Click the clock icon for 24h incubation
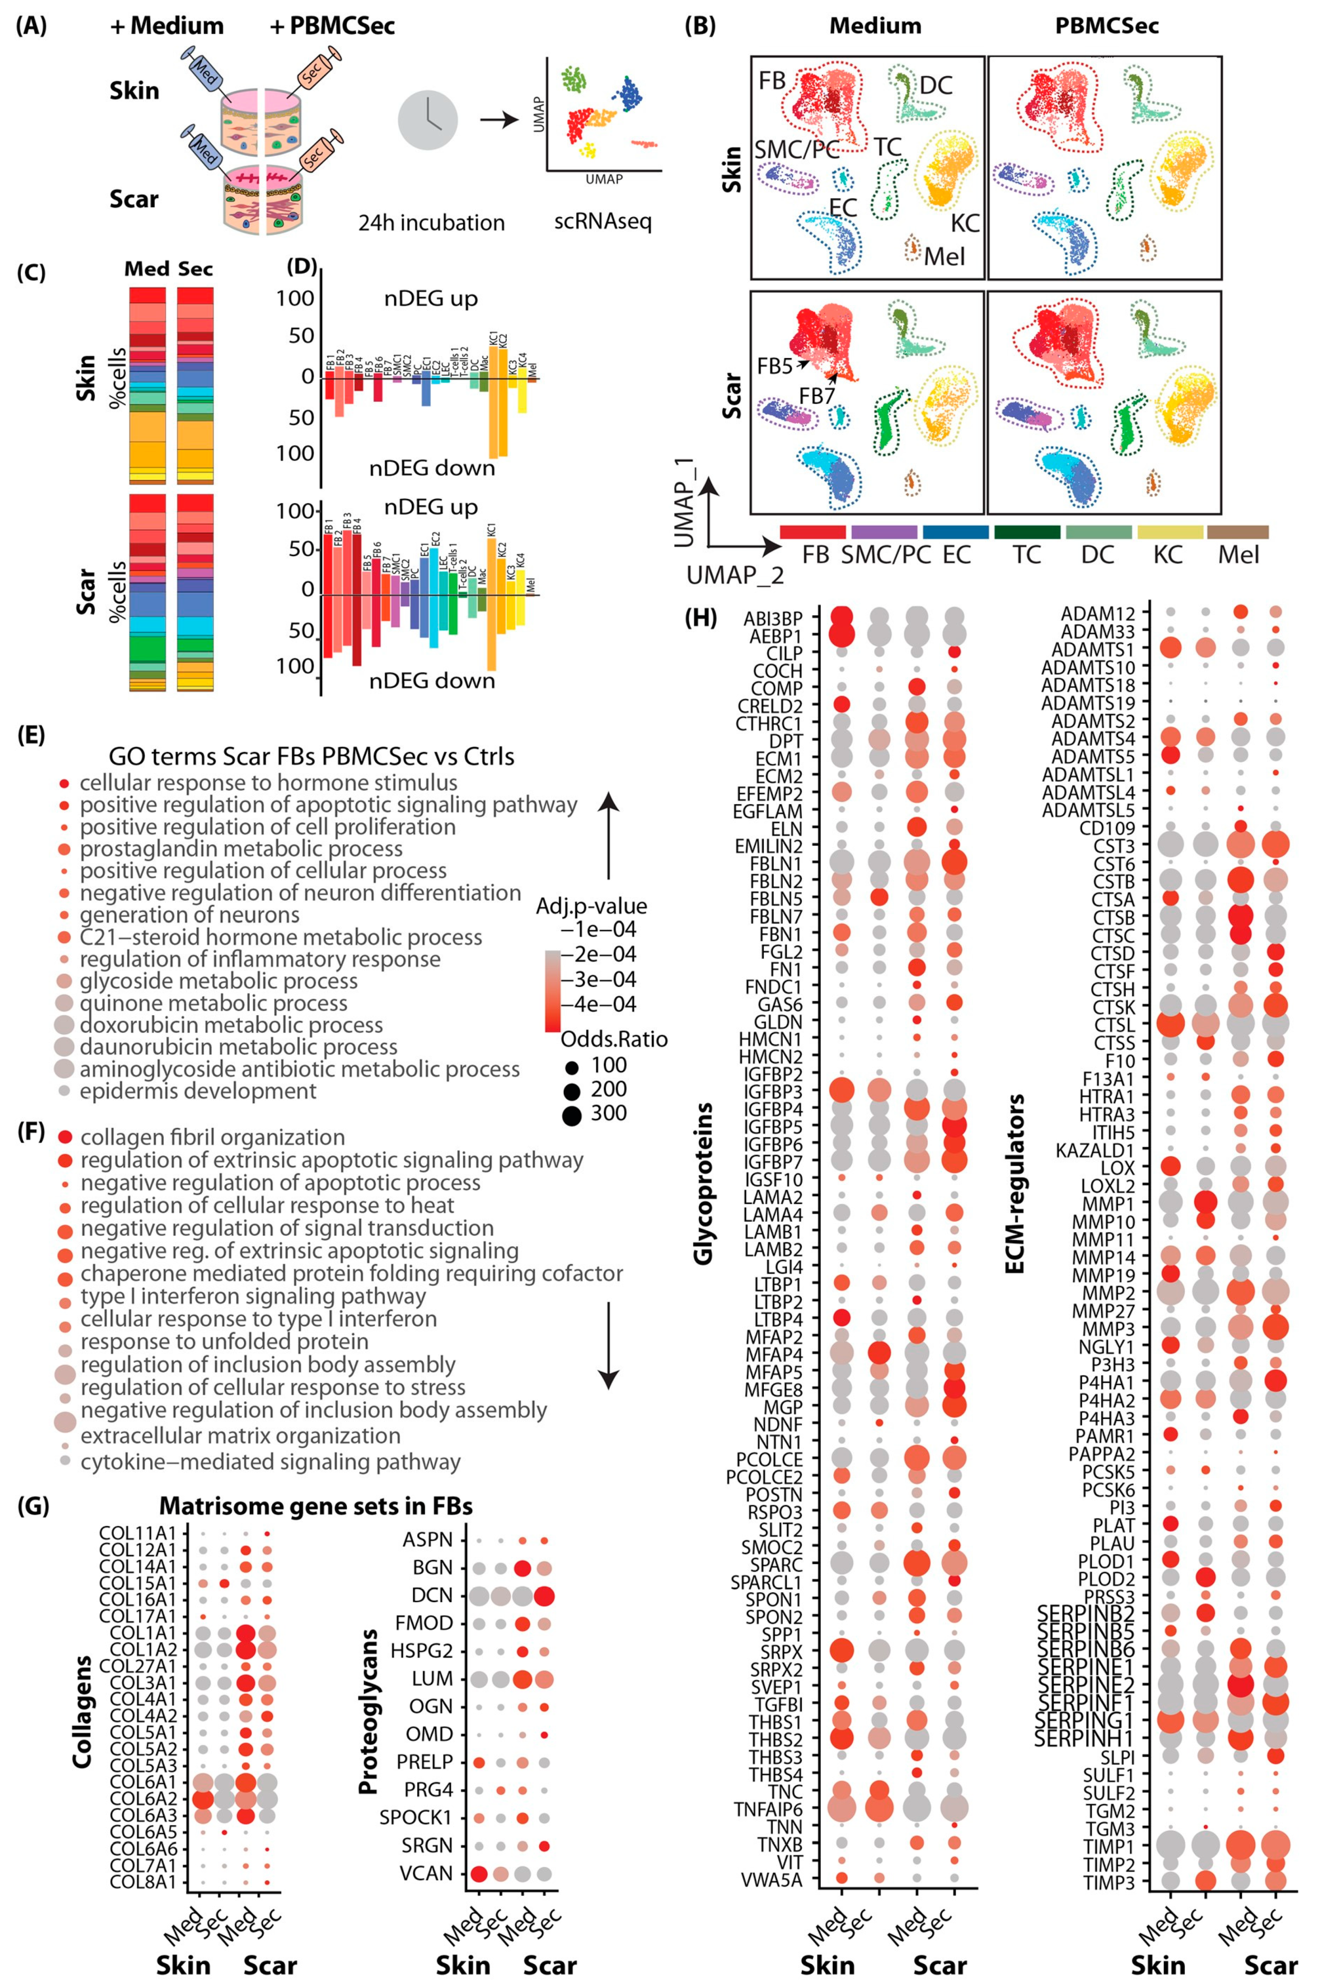(428, 120)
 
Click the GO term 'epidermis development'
(198, 1091)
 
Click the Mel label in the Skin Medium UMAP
(944, 256)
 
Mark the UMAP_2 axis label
(735, 575)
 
